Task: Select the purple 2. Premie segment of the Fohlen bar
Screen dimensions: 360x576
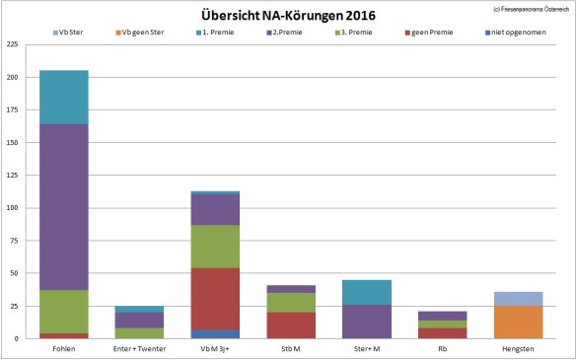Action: tap(64, 207)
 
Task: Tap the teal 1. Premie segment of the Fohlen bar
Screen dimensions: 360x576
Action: tap(64, 97)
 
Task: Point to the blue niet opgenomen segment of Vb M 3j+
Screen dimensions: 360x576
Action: tap(215, 334)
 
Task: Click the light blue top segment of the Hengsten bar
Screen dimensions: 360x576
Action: tap(517, 299)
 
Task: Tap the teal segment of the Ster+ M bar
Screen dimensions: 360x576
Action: tap(366, 292)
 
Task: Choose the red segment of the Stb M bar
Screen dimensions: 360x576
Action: tap(290, 325)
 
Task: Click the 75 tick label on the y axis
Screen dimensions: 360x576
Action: tap(15, 241)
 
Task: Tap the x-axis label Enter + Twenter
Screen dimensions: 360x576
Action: tap(139, 349)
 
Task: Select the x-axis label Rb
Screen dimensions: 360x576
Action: tap(441, 349)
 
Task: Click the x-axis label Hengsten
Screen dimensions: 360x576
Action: tap(517, 349)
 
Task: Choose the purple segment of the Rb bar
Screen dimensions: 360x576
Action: tap(441, 316)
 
